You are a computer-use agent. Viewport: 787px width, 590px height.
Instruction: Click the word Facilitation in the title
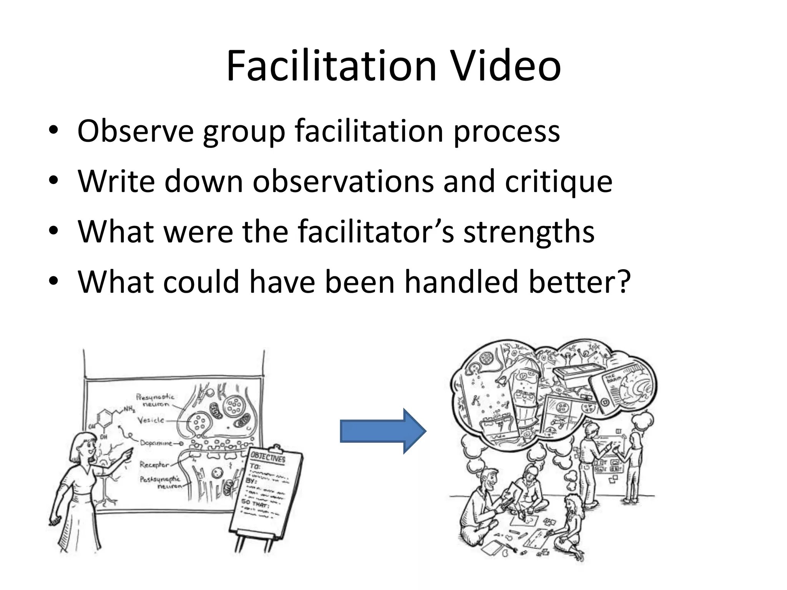[331, 66]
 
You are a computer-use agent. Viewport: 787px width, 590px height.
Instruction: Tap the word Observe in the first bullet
[135, 131]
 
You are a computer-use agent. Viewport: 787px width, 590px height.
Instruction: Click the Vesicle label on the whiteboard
[151, 420]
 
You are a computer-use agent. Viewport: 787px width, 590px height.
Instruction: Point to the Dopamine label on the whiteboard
[156, 443]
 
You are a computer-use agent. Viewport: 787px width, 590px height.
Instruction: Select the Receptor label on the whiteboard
[154, 464]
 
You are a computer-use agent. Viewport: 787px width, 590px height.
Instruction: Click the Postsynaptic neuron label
[161, 482]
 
